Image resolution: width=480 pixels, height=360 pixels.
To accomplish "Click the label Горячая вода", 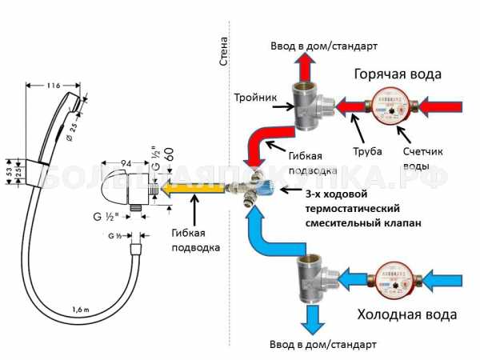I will point(397,74).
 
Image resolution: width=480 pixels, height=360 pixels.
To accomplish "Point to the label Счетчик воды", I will point(424,158).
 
